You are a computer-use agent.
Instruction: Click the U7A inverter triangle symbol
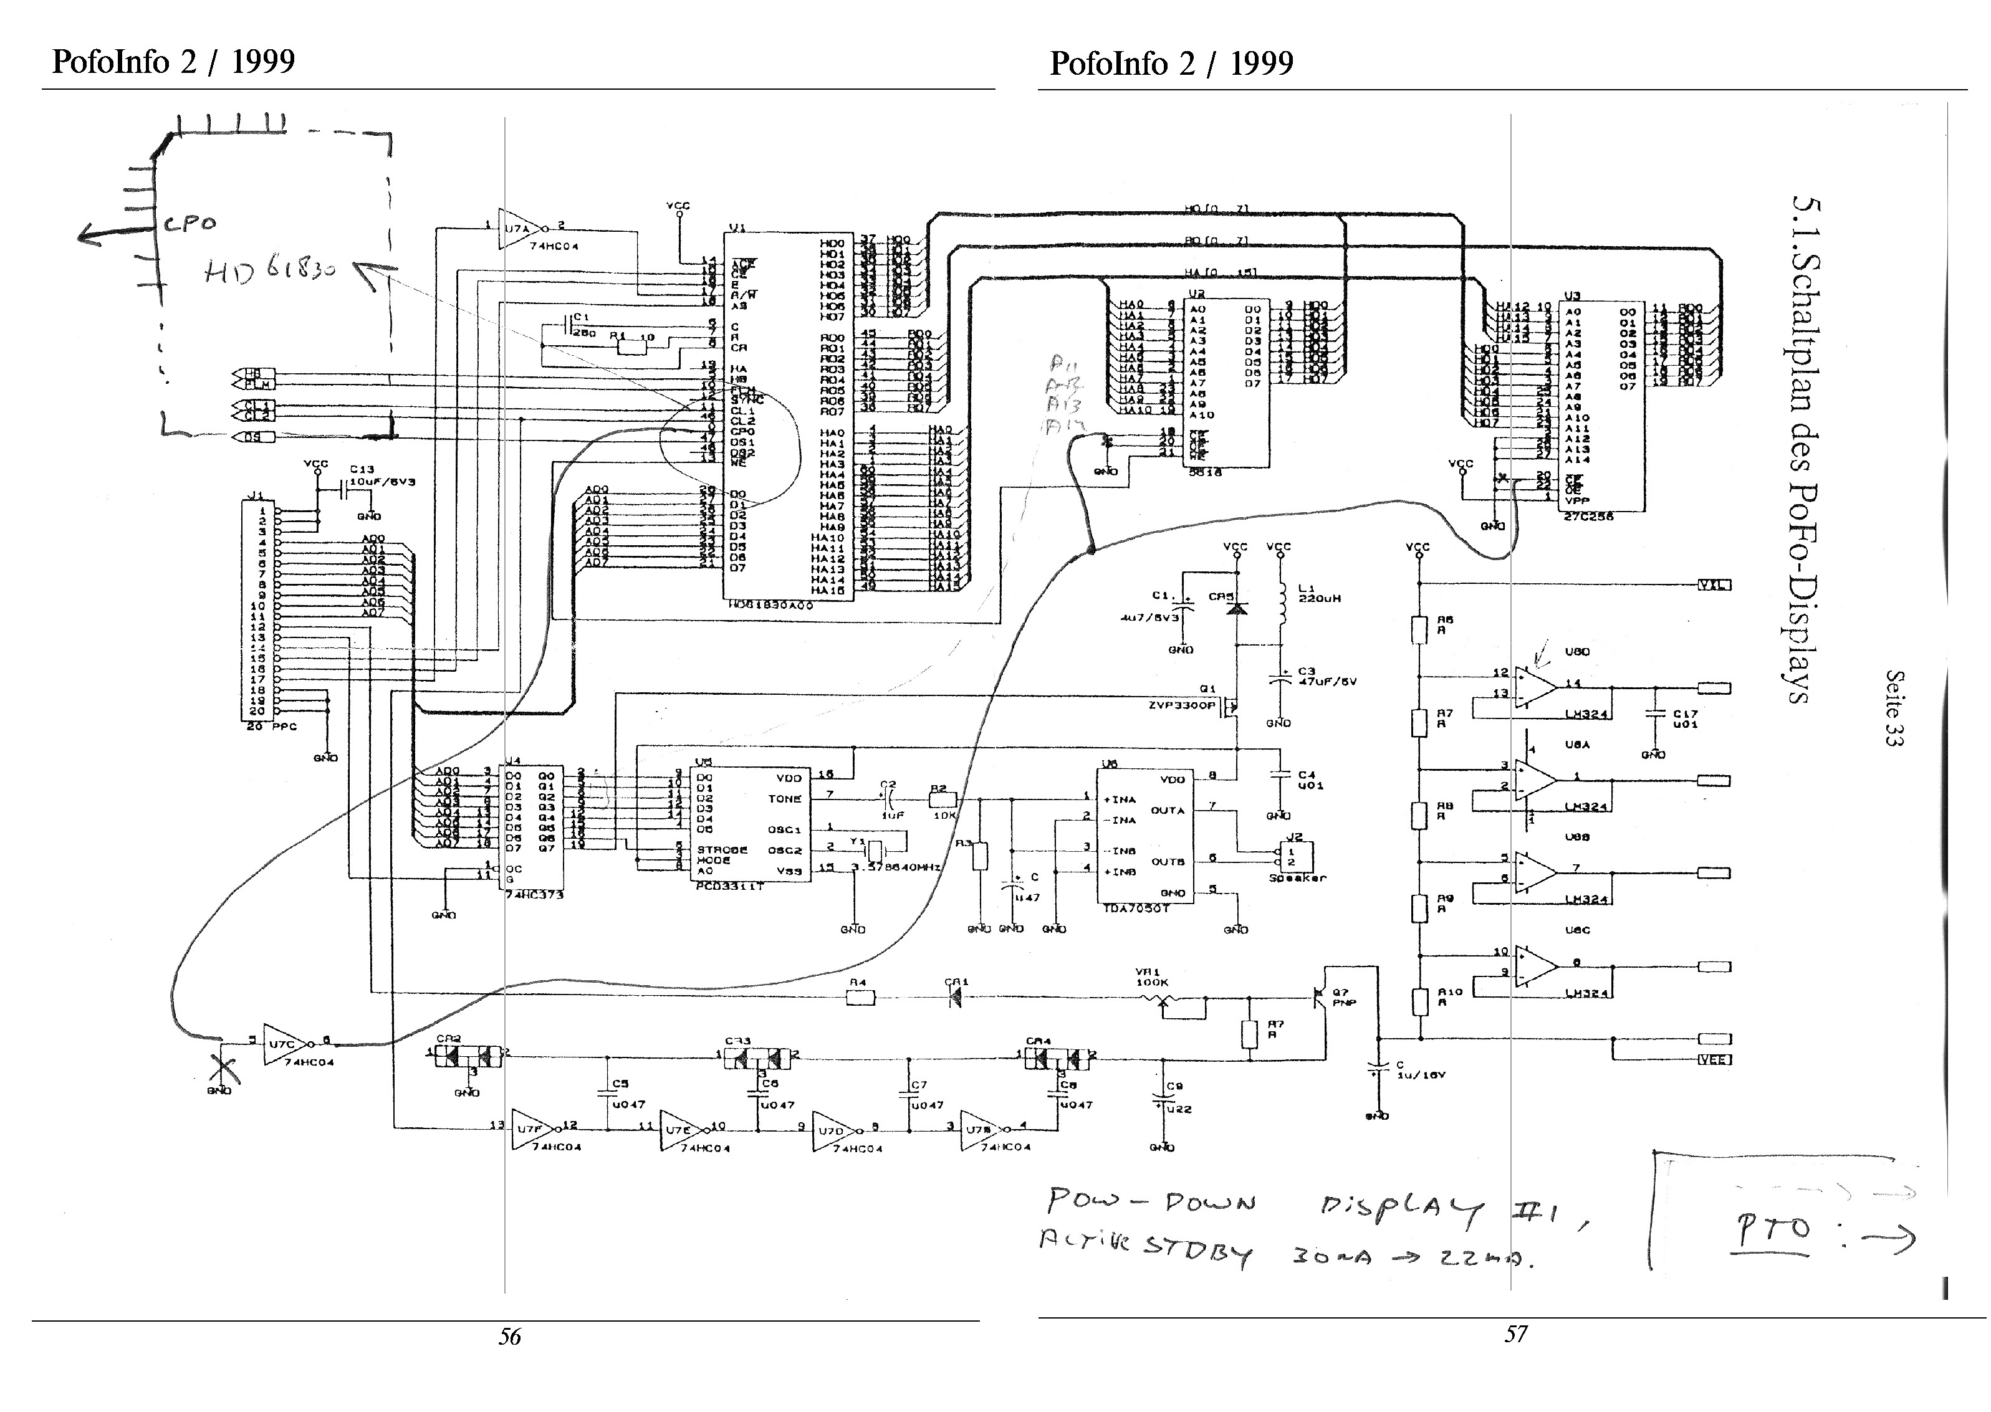(x=519, y=229)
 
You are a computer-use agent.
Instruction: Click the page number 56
(x=510, y=1337)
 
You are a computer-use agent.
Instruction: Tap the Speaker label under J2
(x=1298, y=878)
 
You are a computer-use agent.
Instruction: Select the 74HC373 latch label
(x=534, y=895)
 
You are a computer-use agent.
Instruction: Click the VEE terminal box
(x=1714, y=1059)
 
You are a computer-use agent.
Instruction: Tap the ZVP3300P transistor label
(x=1181, y=705)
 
